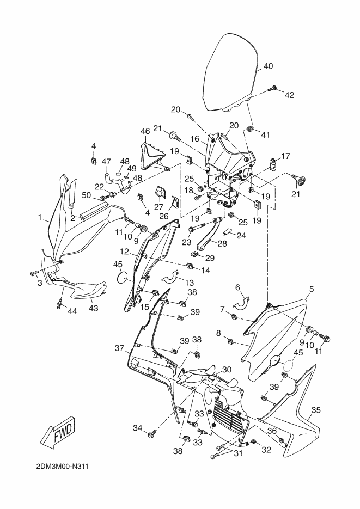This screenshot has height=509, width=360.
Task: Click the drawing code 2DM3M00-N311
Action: pos(63,467)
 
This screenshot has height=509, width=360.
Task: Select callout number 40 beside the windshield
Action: pos(268,66)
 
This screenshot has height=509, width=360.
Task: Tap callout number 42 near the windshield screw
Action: pos(289,95)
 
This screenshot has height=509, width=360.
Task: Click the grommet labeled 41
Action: pos(251,129)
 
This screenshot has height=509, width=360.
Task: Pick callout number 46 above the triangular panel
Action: pos(145,131)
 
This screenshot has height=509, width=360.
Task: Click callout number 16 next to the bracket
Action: pos(194,139)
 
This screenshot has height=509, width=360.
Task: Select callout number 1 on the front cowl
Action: pos(40,218)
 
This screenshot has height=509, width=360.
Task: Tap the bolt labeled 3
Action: pos(34,274)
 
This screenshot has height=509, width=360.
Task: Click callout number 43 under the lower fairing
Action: pos(94,308)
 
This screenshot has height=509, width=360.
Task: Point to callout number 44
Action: pos(72,311)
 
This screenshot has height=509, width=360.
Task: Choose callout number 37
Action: pos(119,348)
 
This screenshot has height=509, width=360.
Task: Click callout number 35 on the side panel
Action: pos(316,410)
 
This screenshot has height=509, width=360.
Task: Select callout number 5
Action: pos(312,289)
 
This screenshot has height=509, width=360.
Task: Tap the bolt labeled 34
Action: pos(151,434)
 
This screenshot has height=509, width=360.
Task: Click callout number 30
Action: pos(227,370)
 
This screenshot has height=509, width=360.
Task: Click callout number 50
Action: pos(87,195)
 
